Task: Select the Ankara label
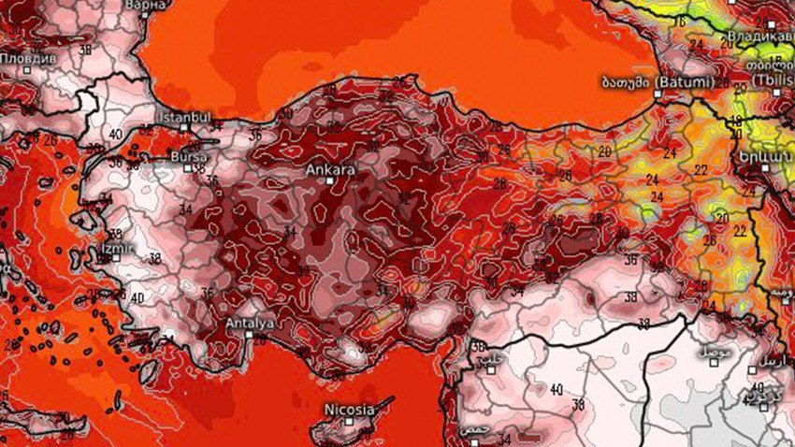[x=330, y=171]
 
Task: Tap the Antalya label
[x=250, y=324]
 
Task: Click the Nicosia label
[x=349, y=410]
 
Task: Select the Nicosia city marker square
[x=349, y=422]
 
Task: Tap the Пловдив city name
[x=28, y=57]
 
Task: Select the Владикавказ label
[x=757, y=38]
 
